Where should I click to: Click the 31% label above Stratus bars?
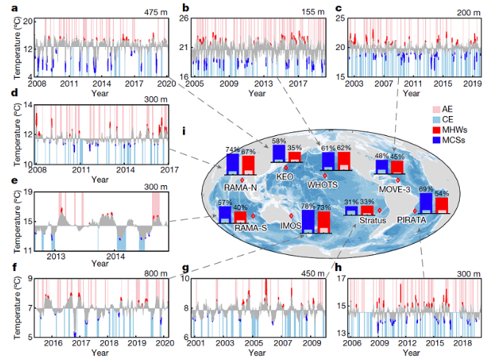[351, 202]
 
